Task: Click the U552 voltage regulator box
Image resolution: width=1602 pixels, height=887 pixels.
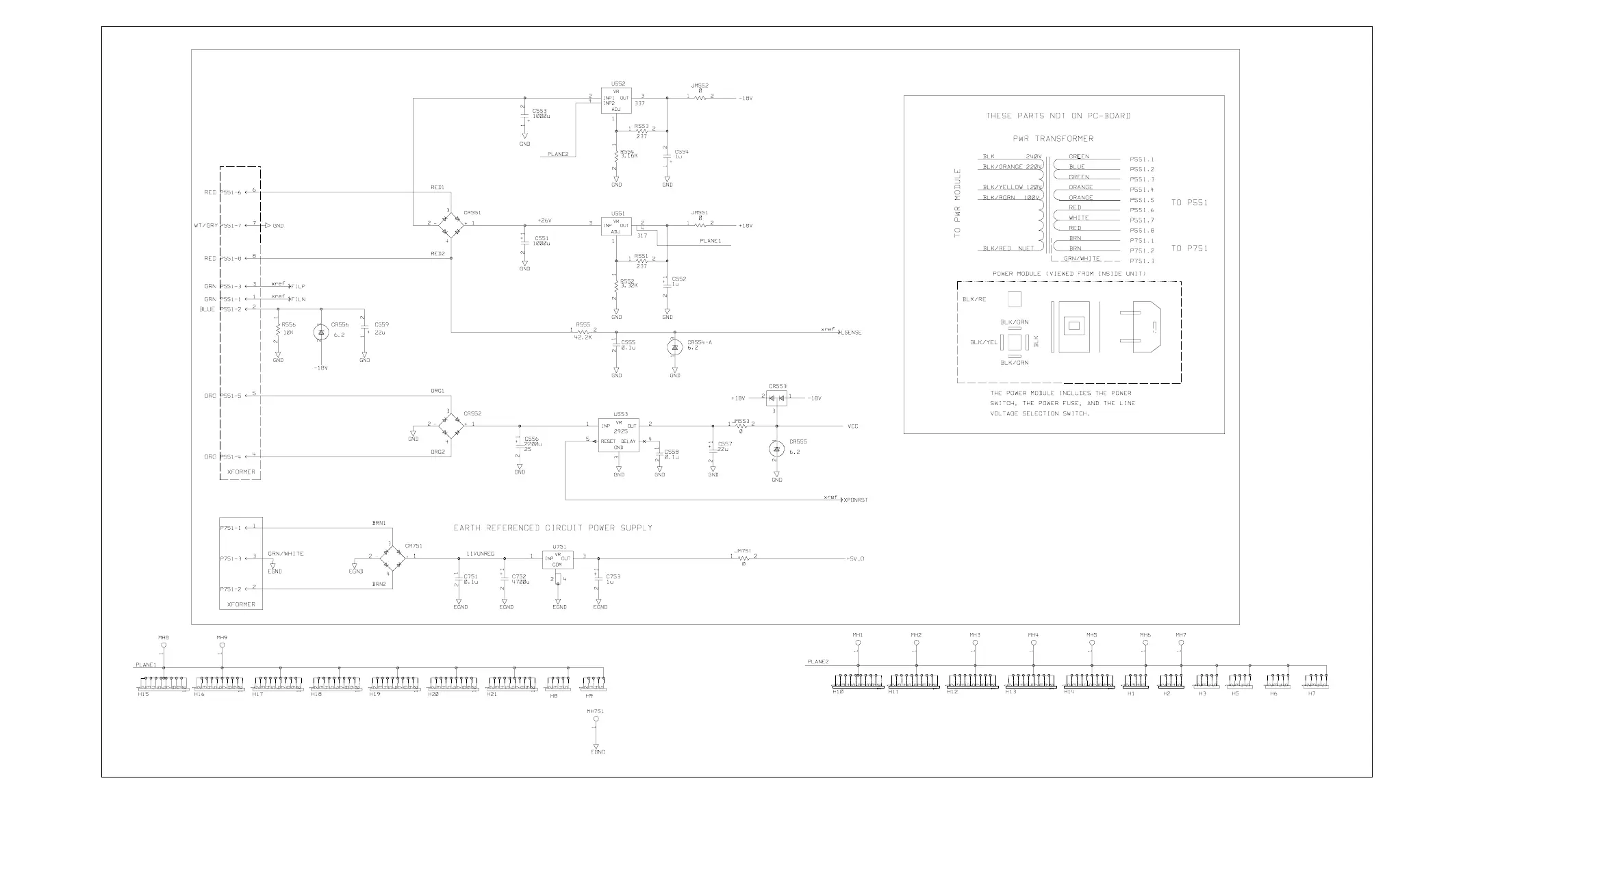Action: click(x=616, y=101)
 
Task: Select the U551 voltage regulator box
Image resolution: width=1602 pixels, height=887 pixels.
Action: click(x=616, y=227)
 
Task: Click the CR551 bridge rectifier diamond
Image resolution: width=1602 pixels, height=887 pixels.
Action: click(x=450, y=223)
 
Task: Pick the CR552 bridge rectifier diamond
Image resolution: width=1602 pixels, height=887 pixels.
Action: click(x=450, y=425)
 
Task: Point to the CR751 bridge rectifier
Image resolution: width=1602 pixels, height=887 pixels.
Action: click(x=392, y=558)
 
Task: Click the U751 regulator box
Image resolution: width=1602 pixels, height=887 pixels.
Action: click(x=558, y=560)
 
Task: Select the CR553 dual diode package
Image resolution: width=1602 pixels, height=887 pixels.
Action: click(x=775, y=398)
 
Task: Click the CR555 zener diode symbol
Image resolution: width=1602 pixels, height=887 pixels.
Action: click(x=776, y=449)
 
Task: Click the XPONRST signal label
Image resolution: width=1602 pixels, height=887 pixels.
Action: click(x=856, y=500)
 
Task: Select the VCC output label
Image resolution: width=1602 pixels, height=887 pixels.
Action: click(x=853, y=426)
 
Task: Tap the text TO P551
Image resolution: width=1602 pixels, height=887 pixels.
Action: click(x=1189, y=203)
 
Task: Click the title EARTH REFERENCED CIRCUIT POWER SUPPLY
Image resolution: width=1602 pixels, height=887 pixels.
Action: click(x=552, y=528)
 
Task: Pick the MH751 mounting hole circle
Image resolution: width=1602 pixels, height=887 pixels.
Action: click(x=596, y=719)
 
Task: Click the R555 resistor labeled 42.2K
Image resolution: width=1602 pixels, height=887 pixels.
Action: click(x=583, y=331)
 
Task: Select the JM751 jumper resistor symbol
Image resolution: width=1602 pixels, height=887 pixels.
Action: click(x=743, y=558)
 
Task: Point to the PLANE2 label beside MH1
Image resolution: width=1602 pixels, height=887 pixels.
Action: click(x=817, y=662)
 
